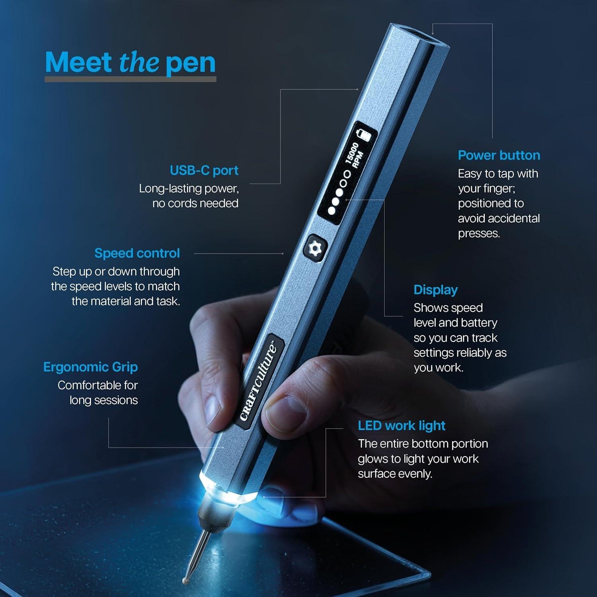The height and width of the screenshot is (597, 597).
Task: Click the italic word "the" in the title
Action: tap(139, 63)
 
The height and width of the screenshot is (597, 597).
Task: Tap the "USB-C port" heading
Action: tap(204, 170)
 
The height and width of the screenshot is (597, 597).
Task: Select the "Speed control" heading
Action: tap(137, 253)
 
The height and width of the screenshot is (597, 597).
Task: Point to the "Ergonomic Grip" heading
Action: tap(90, 367)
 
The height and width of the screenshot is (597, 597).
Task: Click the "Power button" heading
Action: tap(499, 155)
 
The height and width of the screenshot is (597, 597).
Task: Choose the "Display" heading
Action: tap(435, 290)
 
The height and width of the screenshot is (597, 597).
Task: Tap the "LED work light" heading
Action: tap(401, 425)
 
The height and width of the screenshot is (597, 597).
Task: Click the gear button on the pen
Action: tap(315, 248)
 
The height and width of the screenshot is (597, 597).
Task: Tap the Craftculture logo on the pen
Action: tap(259, 381)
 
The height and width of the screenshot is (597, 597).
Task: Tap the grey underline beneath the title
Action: tap(130, 79)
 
